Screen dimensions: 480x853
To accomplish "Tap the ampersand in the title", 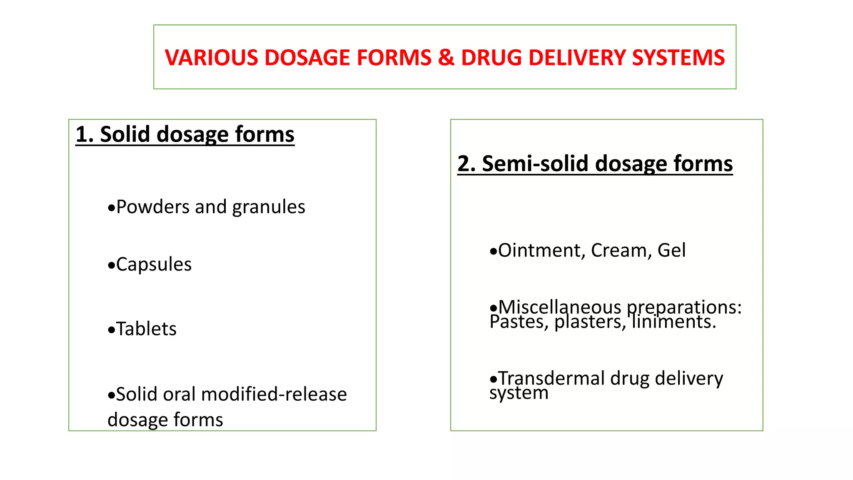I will pos(446,57).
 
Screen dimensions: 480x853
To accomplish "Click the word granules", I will pos(269,207).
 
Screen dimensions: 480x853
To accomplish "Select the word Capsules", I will pos(154,265).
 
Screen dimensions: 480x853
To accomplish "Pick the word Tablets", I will pos(146,329).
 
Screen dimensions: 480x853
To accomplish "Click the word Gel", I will pos(671,250).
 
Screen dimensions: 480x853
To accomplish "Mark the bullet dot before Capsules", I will pos(111,265).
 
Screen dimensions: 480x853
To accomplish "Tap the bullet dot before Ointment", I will pos(493,252).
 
